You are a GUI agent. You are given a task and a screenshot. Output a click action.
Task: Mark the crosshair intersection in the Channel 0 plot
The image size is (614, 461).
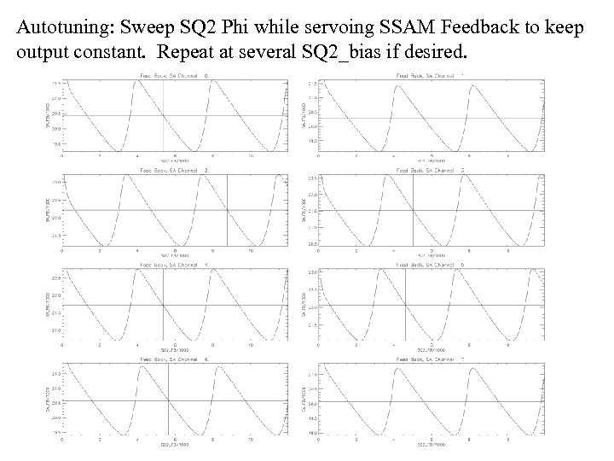(163, 115)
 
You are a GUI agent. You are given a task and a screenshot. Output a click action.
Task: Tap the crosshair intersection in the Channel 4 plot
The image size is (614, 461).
(163, 305)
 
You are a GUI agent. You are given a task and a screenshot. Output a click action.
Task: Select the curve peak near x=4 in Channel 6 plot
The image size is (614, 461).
(141, 366)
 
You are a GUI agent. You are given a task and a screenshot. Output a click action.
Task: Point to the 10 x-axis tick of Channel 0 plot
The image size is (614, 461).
(249, 156)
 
